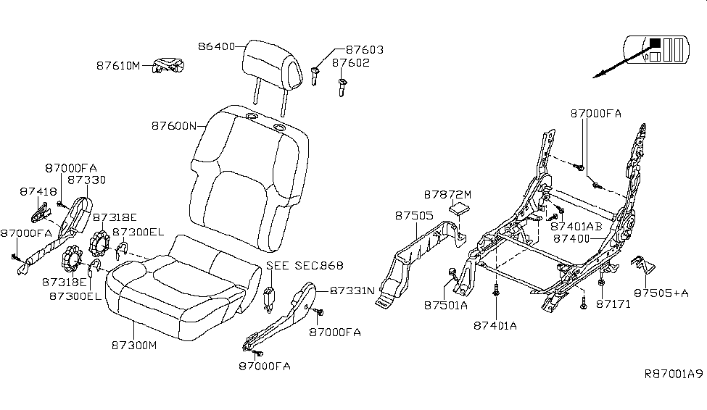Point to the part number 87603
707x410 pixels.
[364, 50]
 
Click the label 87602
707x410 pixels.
[351, 63]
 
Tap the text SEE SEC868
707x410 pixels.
[305, 265]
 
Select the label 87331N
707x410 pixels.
[352, 290]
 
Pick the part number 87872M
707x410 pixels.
[447, 195]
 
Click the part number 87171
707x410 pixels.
[613, 304]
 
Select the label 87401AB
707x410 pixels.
[579, 226]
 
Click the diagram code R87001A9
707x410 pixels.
[674, 375]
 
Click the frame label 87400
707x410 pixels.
[574, 238]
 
